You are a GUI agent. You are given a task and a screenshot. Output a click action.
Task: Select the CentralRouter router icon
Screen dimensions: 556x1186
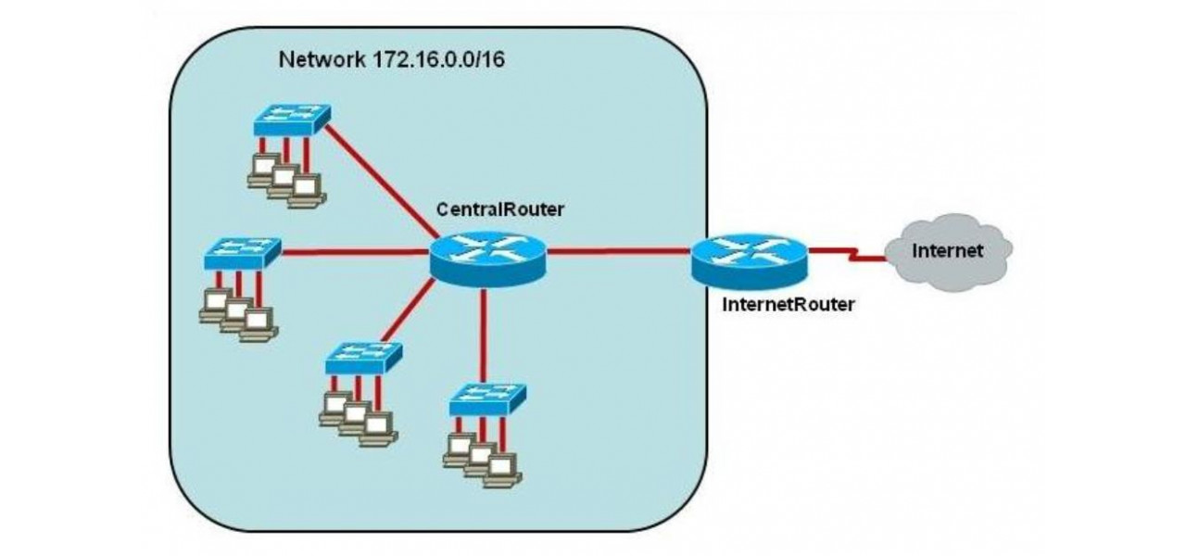pyautogui.click(x=488, y=255)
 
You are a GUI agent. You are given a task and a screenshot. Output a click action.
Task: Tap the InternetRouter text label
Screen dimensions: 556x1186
pyautogui.click(x=788, y=303)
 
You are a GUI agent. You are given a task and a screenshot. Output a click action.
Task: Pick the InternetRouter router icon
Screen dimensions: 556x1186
pyautogui.click(x=749, y=255)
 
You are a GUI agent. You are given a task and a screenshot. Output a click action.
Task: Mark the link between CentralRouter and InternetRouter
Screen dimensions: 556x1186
pyautogui.click(x=619, y=249)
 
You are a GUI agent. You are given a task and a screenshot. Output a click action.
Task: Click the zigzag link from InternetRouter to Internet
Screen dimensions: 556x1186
pyautogui.click(x=846, y=252)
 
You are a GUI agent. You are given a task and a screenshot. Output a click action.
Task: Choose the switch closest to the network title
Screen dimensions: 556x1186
pyautogui.click(x=292, y=118)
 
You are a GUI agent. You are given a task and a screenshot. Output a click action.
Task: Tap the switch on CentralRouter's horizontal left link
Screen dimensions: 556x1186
pyautogui.click(x=243, y=251)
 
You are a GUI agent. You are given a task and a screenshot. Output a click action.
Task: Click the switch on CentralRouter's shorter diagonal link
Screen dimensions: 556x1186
pyautogui.click(x=364, y=357)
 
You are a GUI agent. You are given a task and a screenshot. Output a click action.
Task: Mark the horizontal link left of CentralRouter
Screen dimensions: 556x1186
pyautogui.click(x=355, y=251)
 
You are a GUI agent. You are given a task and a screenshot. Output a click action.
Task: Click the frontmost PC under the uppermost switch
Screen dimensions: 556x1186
pyautogui.click(x=305, y=190)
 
